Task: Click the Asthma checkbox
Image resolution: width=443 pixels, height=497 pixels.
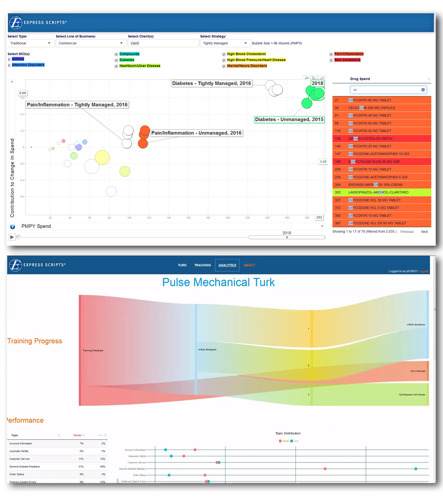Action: click(9, 59)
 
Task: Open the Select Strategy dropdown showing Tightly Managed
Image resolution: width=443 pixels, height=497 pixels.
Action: click(225, 43)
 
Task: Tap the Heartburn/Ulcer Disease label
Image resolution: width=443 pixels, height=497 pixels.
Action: click(140, 66)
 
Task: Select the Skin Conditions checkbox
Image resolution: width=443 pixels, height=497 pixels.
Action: click(331, 60)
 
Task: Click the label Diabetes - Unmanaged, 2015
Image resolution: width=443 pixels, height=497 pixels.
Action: click(289, 120)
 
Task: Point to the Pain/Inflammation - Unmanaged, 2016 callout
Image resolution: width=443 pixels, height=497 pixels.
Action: click(197, 133)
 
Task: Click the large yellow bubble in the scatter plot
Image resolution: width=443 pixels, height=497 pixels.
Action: click(102, 157)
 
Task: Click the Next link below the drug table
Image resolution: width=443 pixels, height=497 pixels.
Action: click(424, 232)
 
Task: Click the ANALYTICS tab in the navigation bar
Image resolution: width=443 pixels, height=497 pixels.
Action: click(227, 265)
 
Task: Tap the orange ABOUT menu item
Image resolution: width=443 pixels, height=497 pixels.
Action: click(249, 265)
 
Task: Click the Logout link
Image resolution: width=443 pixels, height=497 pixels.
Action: click(424, 271)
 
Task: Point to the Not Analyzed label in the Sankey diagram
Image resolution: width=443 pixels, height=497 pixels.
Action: click(417, 371)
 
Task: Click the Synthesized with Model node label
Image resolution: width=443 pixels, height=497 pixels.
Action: click(412, 394)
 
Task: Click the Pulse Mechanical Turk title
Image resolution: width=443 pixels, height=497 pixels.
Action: click(218, 282)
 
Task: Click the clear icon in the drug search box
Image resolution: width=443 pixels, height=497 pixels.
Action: click(423, 90)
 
